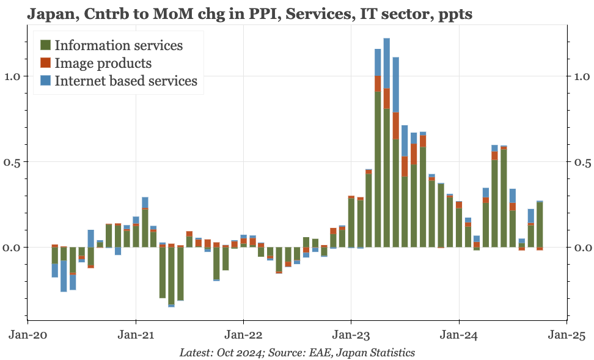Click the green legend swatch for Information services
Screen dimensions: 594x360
pos(45,45)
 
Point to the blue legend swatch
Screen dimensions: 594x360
pos(45,80)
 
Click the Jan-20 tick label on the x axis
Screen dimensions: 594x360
pos(28,336)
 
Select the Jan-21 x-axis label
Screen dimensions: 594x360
pos(136,336)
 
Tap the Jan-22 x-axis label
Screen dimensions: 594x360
pos(243,336)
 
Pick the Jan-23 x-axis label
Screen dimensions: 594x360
pos(351,336)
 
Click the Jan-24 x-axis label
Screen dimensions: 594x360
pos(459,336)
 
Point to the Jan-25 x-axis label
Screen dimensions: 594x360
pos(566,336)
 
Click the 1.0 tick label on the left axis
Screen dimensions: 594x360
pos(12,76)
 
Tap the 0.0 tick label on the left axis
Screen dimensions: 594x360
pos(12,248)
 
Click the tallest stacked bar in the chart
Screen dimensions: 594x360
pos(386,143)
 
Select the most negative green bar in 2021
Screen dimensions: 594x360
pos(171,276)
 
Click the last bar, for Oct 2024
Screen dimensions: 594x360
pos(540,225)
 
